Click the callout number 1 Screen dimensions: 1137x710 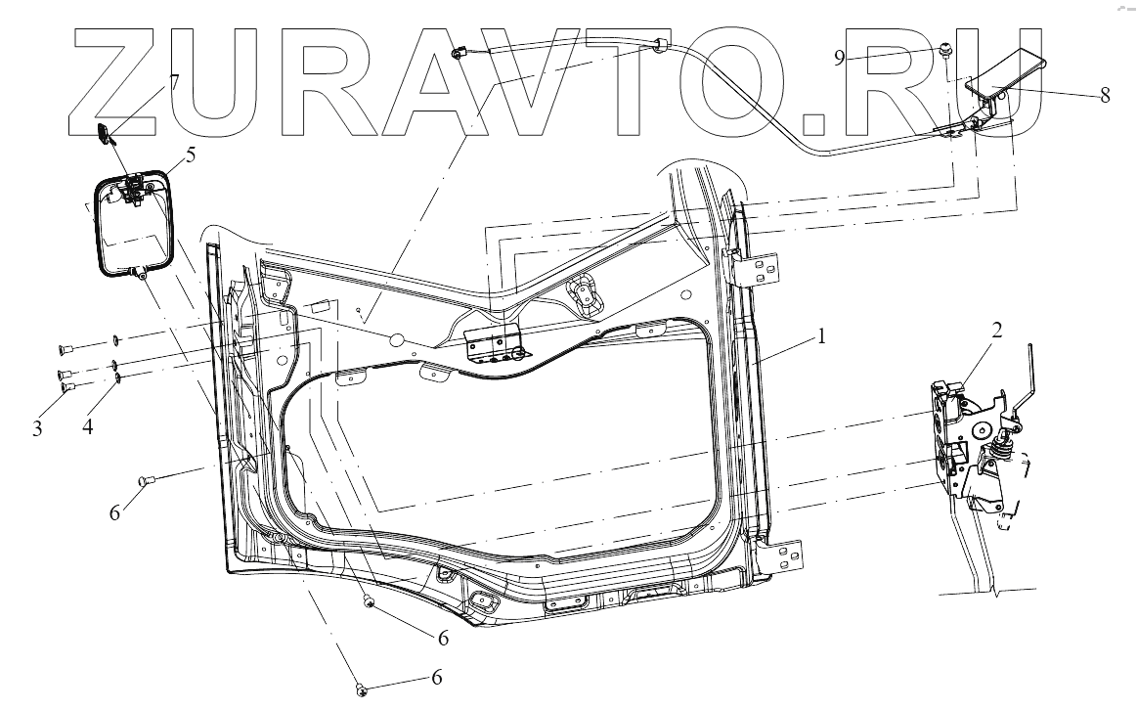(x=821, y=336)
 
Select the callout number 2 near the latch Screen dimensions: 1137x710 (x=997, y=331)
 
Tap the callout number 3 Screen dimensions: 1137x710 (x=37, y=428)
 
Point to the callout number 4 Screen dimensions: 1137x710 (x=87, y=427)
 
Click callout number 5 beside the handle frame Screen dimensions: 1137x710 (x=190, y=155)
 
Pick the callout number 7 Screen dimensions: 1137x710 (x=175, y=80)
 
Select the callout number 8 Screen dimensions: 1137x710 (x=1105, y=95)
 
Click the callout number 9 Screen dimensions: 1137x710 (x=839, y=58)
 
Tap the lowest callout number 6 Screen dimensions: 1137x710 (x=437, y=678)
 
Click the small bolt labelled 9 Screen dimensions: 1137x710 (x=946, y=49)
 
